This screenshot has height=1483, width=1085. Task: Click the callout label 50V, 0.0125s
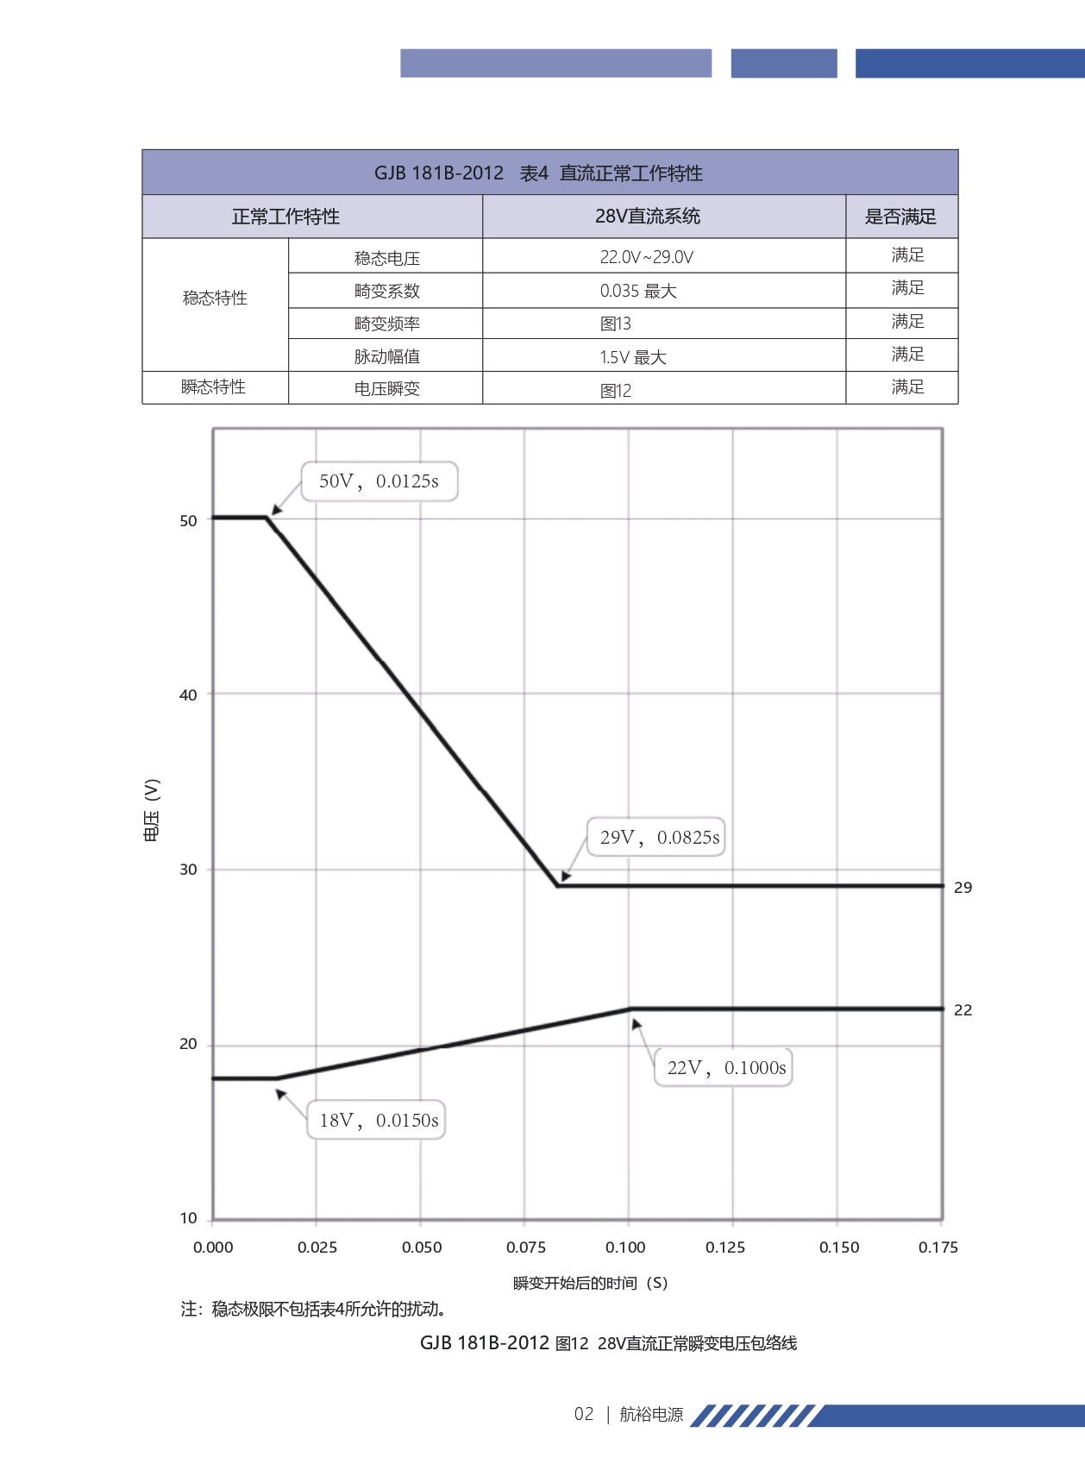point(379,481)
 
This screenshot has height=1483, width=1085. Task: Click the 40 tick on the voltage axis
point(188,695)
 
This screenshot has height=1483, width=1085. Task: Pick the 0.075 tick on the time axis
point(526,1247)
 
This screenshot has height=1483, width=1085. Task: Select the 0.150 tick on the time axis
point(839,1247)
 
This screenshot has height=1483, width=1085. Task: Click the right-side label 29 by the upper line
point(963,888)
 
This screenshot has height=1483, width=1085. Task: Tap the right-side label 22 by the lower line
point(963,1010)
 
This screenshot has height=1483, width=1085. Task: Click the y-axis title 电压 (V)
point(152,810)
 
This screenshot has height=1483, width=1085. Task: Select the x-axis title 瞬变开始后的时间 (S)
point(590,1283)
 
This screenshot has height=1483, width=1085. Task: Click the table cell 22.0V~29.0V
point(647,257)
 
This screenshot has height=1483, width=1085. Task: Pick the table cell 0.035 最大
point(638,291)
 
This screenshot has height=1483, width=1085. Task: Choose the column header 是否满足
point(900,217)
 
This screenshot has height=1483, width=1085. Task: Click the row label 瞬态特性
point(214,387)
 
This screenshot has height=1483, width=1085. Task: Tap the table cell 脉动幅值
point(386,356)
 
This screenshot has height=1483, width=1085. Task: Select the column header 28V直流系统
point(648,217)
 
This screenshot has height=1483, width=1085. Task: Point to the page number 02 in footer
point(584,1414)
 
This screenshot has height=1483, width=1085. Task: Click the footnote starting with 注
point(313,1310)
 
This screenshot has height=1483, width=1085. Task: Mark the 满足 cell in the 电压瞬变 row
point(907,387)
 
